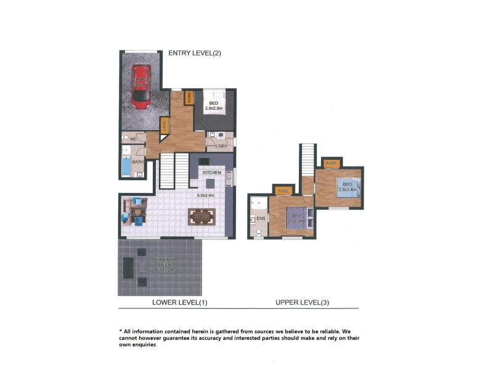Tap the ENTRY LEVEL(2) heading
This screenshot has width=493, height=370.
click(194, 54)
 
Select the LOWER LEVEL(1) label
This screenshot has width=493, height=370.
click(179, 302)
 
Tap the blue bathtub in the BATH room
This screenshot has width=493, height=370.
click(126, 166)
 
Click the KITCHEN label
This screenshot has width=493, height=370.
click(212, 173)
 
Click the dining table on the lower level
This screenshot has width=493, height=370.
click(201, 216)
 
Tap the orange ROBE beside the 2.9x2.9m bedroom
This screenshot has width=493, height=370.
click(189, 97)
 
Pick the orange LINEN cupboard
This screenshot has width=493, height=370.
click(165, 125)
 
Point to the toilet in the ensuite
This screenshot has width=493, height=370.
click(259, 232)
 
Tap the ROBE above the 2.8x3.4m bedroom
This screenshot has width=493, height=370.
click(332, 163)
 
